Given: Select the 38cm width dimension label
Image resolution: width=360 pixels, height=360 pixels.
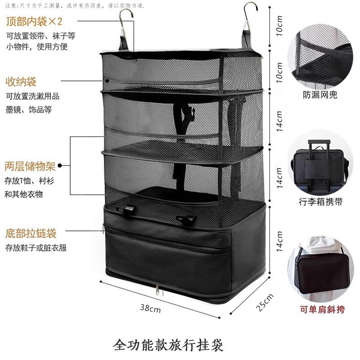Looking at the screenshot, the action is pyautogui.click(x=150, y=308).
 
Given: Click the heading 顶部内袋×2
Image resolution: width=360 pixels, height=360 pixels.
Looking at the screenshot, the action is pyautogui.click(x=34, y=21).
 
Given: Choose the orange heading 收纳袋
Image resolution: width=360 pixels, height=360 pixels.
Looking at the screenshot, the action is pyautogui.click(x=21, y=81).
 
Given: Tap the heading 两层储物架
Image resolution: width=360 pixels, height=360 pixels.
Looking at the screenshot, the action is pyautogui.click(x=31, y=166).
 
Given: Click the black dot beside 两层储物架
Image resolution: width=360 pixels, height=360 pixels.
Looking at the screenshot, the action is pyautogui.click(x=60, y=166).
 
